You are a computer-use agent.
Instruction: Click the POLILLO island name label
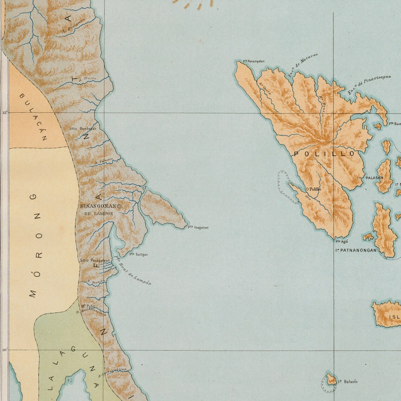[324, 154]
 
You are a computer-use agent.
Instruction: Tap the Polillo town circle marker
[307, 189]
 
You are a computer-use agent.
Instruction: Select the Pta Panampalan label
[254, 61]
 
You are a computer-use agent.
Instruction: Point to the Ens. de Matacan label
[303, 65]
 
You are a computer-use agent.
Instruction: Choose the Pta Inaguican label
[198, 227]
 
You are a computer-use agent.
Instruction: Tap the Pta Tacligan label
[139, 254]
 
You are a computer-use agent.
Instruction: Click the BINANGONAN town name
[98, 206]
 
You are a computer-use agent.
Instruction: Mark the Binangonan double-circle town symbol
[119, 206]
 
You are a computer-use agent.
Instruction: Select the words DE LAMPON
[99, 214]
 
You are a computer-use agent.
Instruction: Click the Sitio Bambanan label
[83, 129]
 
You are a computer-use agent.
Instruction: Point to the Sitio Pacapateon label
[93, 261]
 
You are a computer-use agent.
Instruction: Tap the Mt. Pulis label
[88, 306]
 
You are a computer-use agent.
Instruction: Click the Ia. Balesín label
[348, 382]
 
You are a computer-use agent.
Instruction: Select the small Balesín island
[331, 380]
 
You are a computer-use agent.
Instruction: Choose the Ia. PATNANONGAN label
[356, 250]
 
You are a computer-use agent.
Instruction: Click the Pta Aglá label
[342, 241]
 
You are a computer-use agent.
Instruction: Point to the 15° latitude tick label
[5, 113]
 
